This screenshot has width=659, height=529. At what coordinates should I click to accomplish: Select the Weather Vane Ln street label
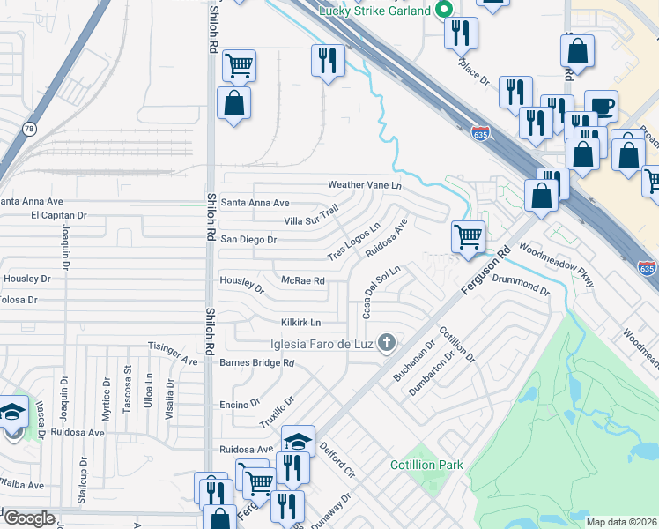tap(364, 185)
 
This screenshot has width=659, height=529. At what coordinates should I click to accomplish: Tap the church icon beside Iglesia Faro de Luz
tap(386, 342)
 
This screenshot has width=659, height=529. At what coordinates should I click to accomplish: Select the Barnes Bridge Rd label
tap(256, 362)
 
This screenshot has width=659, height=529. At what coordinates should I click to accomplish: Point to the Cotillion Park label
tap(426, 464)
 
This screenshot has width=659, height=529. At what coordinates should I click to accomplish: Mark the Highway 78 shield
tap(29, 129)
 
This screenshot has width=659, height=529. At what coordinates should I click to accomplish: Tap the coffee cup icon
tap(602, 105)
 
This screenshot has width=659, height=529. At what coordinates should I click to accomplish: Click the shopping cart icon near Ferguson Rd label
tap(468, 236)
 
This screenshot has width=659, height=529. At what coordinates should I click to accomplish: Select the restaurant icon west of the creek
tap(327, 61)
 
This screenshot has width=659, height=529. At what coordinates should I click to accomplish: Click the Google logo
tap(29, 518)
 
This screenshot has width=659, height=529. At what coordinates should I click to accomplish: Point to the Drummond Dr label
tap(522, 284)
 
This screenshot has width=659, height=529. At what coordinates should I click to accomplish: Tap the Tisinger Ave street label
tap(173, 354)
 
